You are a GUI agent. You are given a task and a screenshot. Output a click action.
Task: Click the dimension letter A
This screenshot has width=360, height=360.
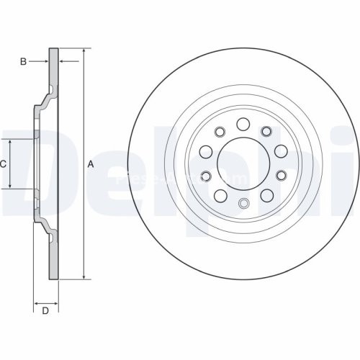pos(91,164)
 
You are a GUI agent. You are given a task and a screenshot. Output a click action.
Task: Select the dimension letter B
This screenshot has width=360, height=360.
pos(23,63)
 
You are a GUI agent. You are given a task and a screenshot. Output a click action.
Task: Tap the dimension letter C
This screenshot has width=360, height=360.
pos(3,164)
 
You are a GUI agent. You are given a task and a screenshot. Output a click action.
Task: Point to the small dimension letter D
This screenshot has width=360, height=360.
pos(45,311)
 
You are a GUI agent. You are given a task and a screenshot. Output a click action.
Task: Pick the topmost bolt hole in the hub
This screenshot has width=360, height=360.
pos(243,123)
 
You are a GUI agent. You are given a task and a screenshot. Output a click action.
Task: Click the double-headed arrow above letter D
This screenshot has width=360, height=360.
pos(45,302)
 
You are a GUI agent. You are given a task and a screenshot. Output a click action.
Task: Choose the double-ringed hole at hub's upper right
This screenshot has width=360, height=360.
pos(266,130)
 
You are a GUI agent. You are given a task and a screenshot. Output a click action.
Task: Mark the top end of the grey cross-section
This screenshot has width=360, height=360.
pos(53,50)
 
